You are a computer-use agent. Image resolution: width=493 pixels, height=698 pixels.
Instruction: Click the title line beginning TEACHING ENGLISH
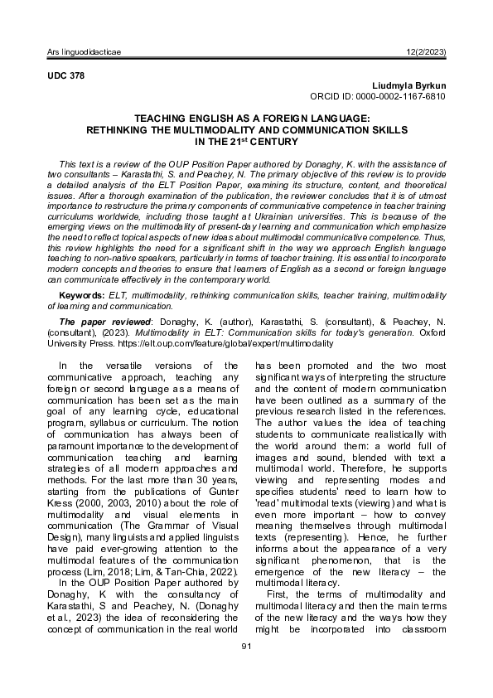point(247,119)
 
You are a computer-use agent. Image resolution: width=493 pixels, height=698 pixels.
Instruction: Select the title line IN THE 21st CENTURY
point(247,142)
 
